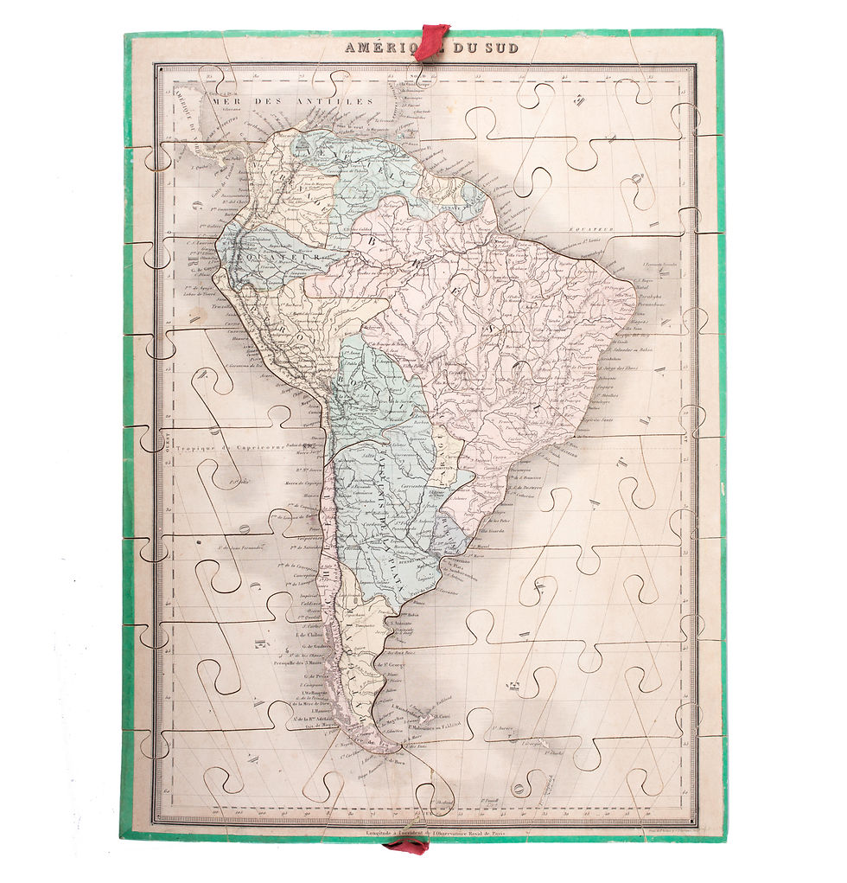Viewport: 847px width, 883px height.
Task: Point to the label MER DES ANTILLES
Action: click(x=289, y=101)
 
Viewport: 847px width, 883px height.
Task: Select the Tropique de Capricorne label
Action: click(x=228, y=447)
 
